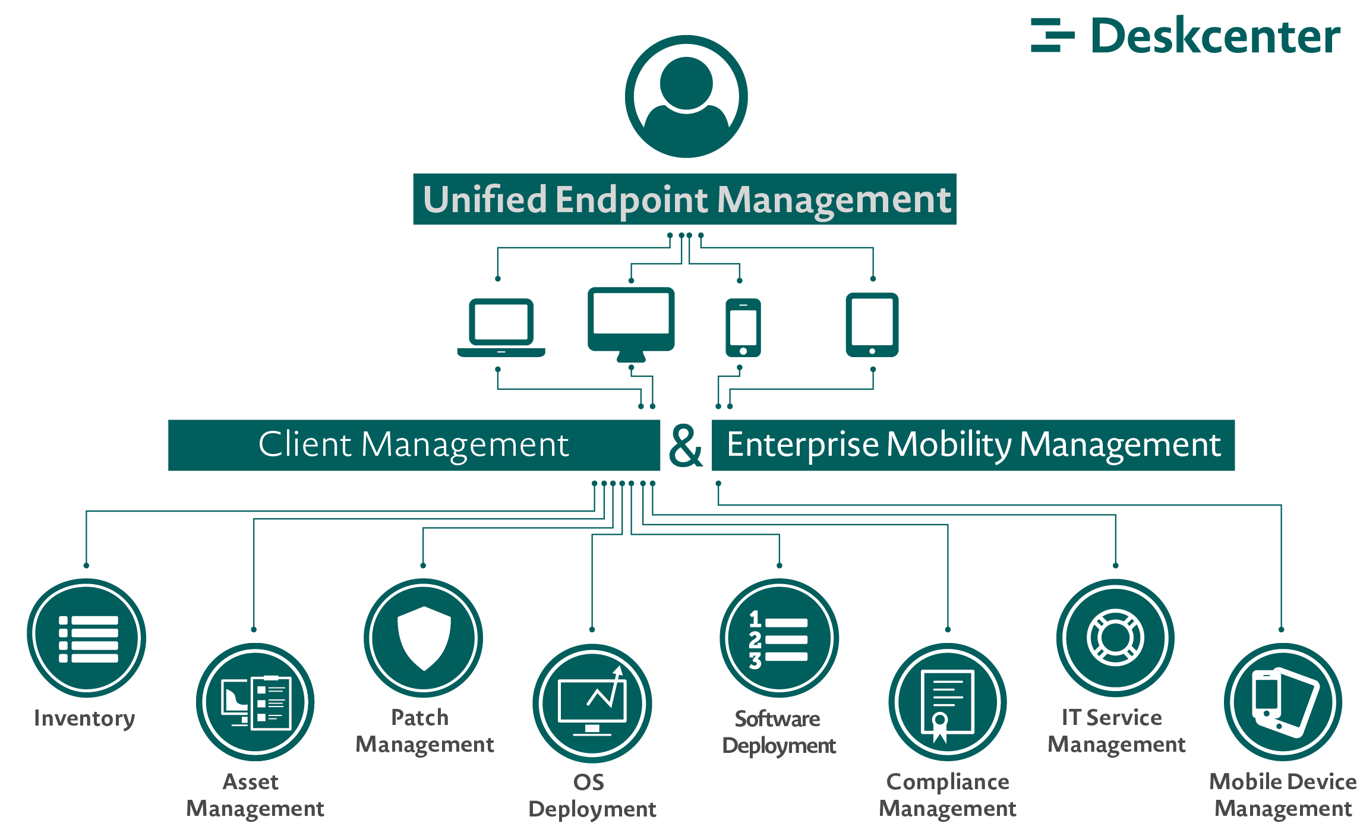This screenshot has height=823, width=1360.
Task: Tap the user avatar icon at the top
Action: pos(686,96)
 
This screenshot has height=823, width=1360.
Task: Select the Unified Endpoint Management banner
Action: pos(684,199)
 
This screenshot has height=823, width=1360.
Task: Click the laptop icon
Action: pos(501,327)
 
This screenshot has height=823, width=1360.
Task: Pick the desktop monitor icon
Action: pos(631,323)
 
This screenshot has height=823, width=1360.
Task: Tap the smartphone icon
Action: pos(743,327)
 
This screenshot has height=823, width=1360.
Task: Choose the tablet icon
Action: pos(872,324)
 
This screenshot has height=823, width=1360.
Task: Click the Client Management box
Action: pos(414,445)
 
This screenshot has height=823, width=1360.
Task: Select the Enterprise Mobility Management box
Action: pos(973,445)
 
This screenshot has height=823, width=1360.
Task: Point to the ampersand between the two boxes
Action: pos(686,446)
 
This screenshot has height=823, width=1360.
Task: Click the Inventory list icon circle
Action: pos(87,638)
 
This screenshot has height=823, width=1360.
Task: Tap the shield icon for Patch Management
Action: pos(423,638)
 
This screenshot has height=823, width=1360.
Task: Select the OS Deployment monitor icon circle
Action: pos(592,704)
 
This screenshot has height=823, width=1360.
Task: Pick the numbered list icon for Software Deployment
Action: pos(779,638)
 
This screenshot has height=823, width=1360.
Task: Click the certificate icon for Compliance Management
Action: pos(947,702)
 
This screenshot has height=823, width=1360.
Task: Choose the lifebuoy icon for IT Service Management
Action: pos(1115,638)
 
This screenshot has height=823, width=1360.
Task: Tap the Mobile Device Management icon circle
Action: pos(1283,702)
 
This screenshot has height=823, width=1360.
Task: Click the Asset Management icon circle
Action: pos(255,702)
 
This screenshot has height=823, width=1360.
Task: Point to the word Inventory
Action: pos(84,718)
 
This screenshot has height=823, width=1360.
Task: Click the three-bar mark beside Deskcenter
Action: pos(1052,35)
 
